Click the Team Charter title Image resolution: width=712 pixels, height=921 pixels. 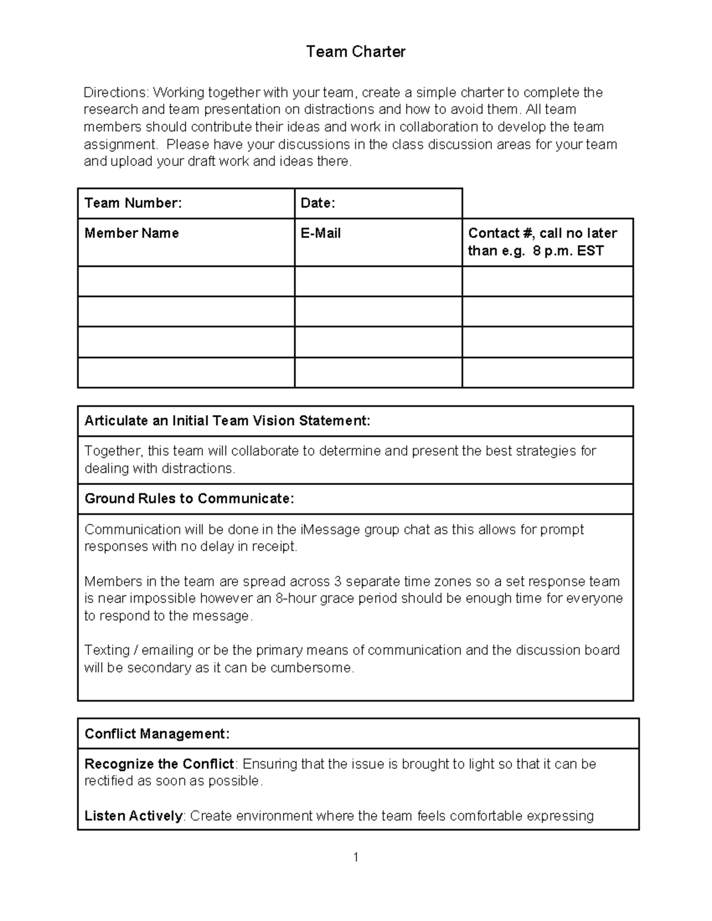click(355, 52)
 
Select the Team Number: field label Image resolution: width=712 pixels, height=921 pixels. click(133, 203)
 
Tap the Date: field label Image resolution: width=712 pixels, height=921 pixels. click(318, 203)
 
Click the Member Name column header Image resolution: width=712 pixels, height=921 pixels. click(132, 233)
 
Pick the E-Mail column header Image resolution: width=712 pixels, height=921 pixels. click(320, 233)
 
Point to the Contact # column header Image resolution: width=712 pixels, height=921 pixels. click(542, 241)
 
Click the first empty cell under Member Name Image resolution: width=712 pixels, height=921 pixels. click(186, 281)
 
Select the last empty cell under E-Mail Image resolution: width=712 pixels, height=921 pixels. click(378, 372)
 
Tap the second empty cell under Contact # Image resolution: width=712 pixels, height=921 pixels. click(547, 311)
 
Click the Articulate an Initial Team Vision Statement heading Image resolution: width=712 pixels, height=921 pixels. click(227, 421)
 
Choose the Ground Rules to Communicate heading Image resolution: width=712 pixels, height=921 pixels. click(189, 499)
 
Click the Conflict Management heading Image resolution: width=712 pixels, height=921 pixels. click(157, 734)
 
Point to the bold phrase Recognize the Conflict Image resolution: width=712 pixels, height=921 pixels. click(159, 764)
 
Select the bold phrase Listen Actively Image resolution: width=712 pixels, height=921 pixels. click(133, 816)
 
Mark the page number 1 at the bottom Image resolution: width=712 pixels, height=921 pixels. click(355, 857)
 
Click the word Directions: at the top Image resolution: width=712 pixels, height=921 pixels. click(116, 93)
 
